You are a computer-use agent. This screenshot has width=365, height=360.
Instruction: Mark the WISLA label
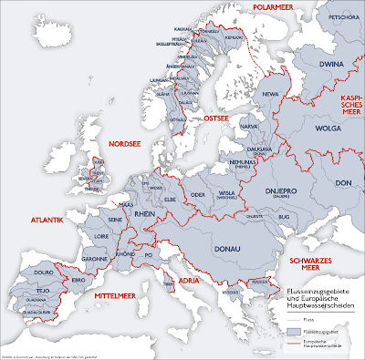click(x=225, y=192)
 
